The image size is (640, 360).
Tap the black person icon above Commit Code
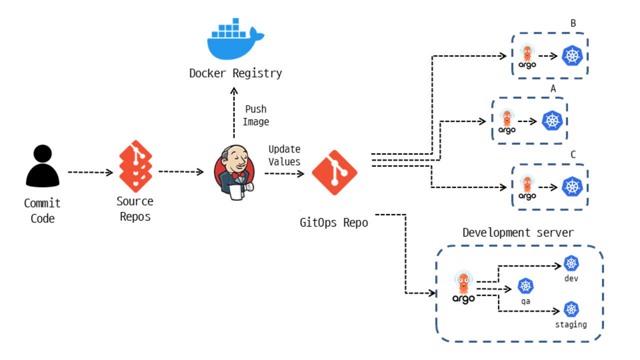[42, 166]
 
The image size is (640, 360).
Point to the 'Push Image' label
[255, 115]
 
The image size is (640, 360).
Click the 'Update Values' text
[284, 155]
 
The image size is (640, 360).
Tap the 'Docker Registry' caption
[235, 73]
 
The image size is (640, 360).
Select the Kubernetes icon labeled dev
[571, 263]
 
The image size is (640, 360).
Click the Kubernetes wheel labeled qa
[525, 286]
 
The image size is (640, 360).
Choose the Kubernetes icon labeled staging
[571, 309]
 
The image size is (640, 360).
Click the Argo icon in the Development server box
[463, 287]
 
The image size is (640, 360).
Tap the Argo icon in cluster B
[527, 56]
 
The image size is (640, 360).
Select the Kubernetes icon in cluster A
[552, 120]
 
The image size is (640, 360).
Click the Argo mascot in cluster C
[527, 187]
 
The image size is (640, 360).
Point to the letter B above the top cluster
[573, 23]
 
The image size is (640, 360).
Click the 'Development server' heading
[518, 233]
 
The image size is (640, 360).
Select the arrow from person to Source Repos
[90, 172]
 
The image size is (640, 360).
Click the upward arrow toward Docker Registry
[233, 112]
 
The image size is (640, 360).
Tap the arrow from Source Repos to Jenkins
[181, 172]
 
